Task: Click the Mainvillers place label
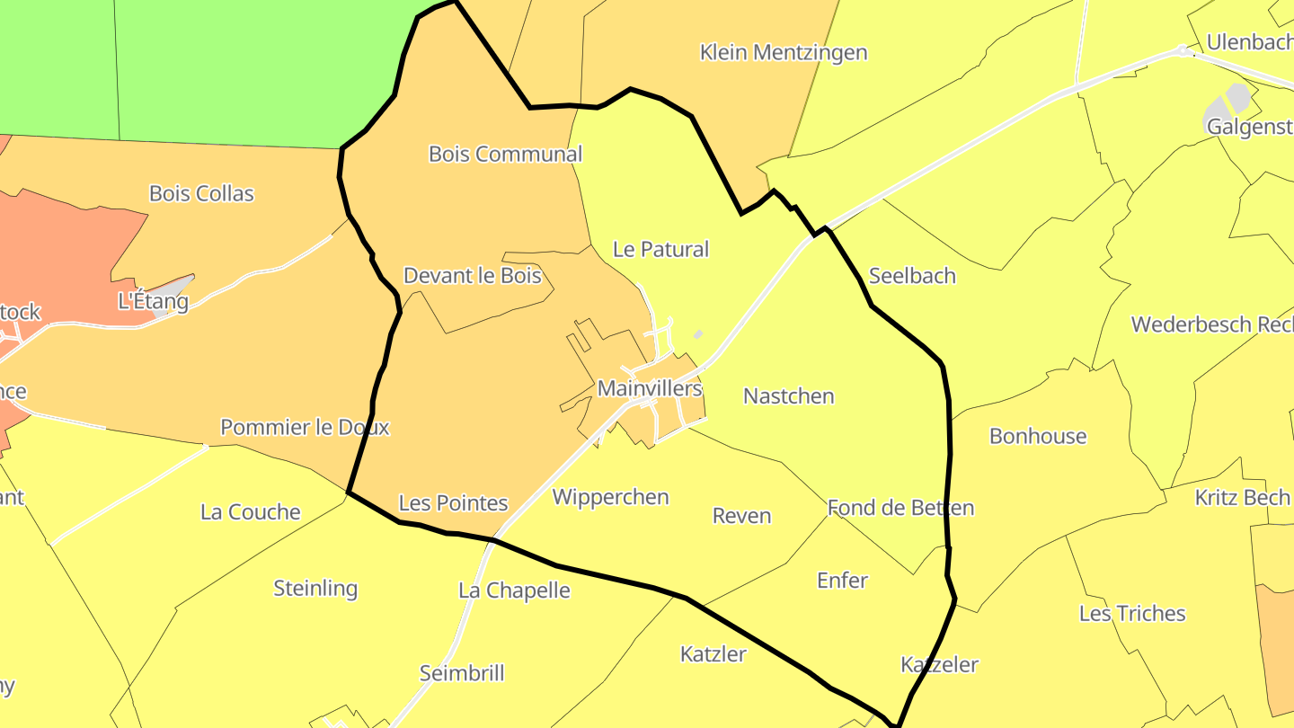click(649, 388)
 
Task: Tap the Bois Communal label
click(505, 154)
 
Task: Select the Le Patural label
click(660, 249)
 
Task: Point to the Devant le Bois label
click(472, 275)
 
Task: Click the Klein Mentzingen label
click(784, 52)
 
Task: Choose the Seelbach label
click(912, 276)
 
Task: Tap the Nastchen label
click(789, 396)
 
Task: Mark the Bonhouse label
click(1038, 436)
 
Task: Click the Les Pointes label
click(453, 503)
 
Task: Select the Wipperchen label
click(610, 497)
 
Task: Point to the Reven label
click(741, 516)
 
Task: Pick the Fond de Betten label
click(900, 508)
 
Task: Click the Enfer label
click(842, 581)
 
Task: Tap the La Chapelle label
click(514, 590)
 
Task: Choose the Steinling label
click(315, 589)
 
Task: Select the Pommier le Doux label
click(305, 427)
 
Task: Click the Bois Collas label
click(201, 193)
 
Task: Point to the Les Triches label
click(1132, 614)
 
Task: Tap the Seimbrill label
click(462, 673)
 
